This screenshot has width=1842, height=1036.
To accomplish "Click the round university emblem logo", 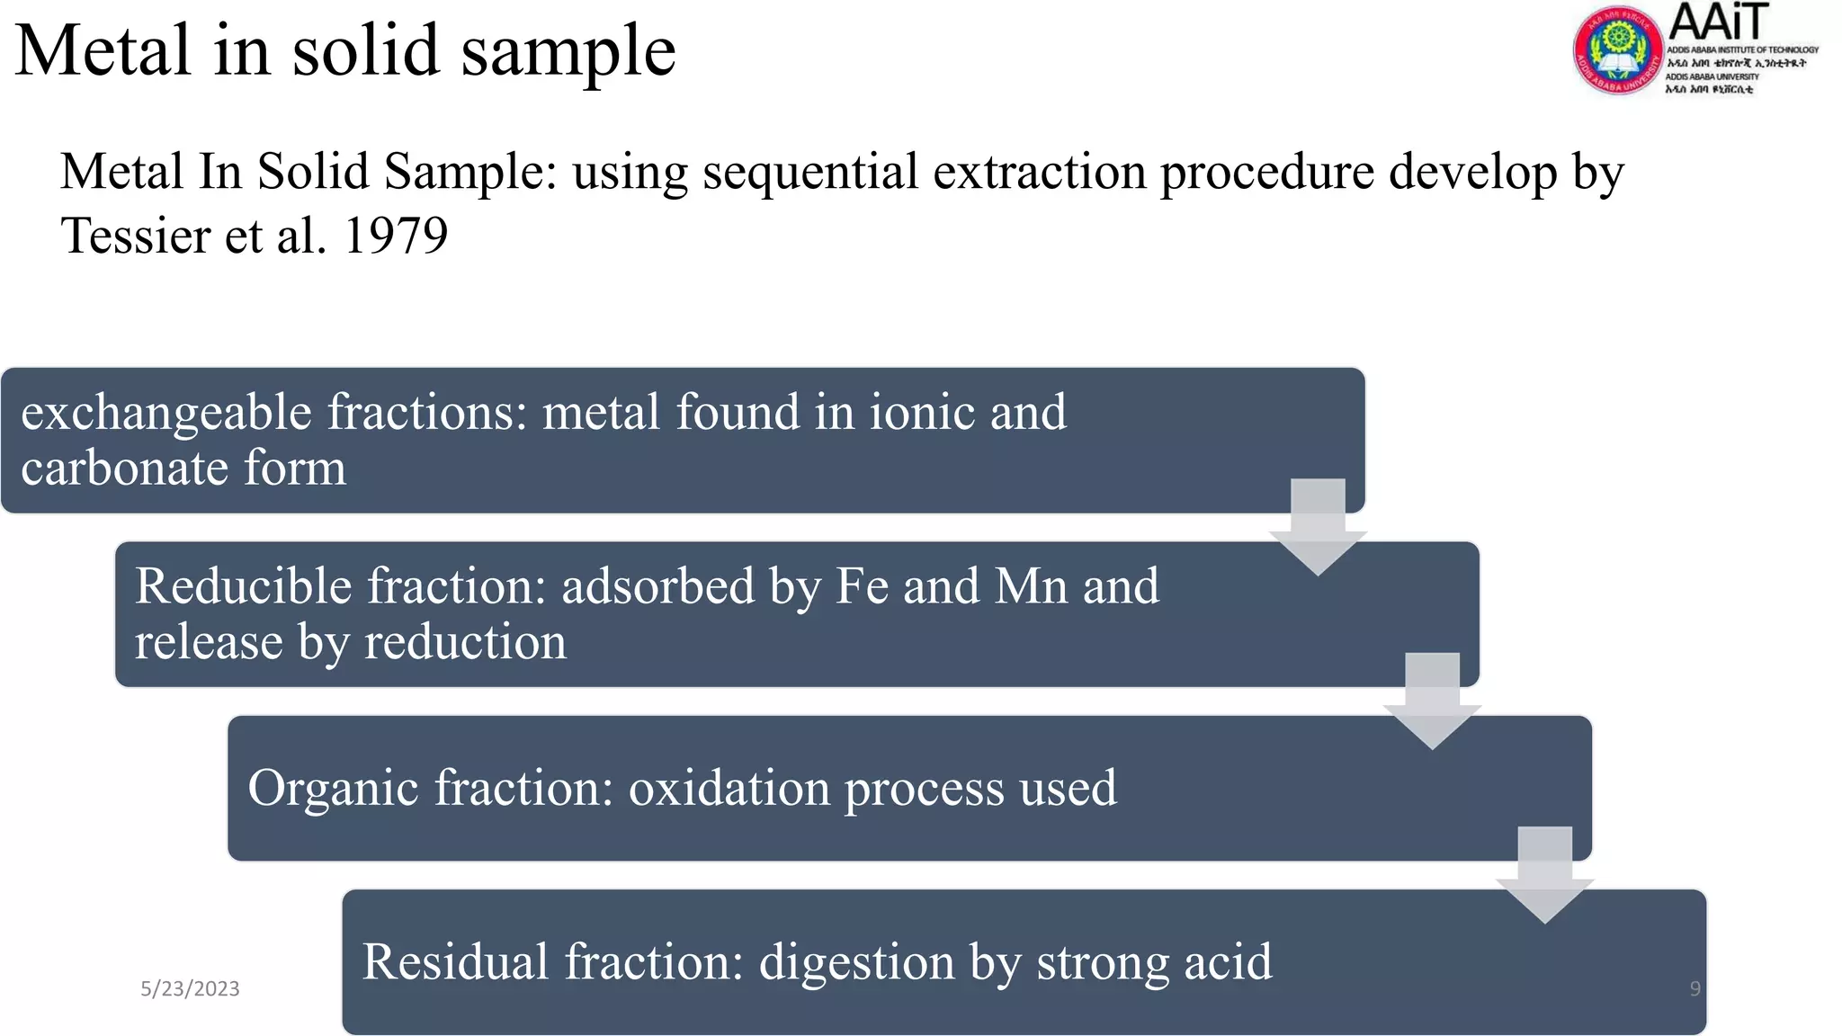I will [1617, 50].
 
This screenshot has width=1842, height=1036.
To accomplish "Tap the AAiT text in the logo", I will [1718, 22].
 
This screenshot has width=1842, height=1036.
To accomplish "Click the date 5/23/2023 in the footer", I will [190, 988].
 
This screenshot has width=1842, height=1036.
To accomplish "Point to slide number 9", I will [1694, 988].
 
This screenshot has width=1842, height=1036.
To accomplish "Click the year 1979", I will [396, 237].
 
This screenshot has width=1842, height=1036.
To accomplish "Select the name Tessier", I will [135, 237].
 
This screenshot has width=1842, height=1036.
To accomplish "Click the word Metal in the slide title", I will [103, 50].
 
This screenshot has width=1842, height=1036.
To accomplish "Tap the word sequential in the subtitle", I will [810, 172].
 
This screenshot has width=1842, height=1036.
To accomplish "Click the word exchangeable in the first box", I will [166, 414].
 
